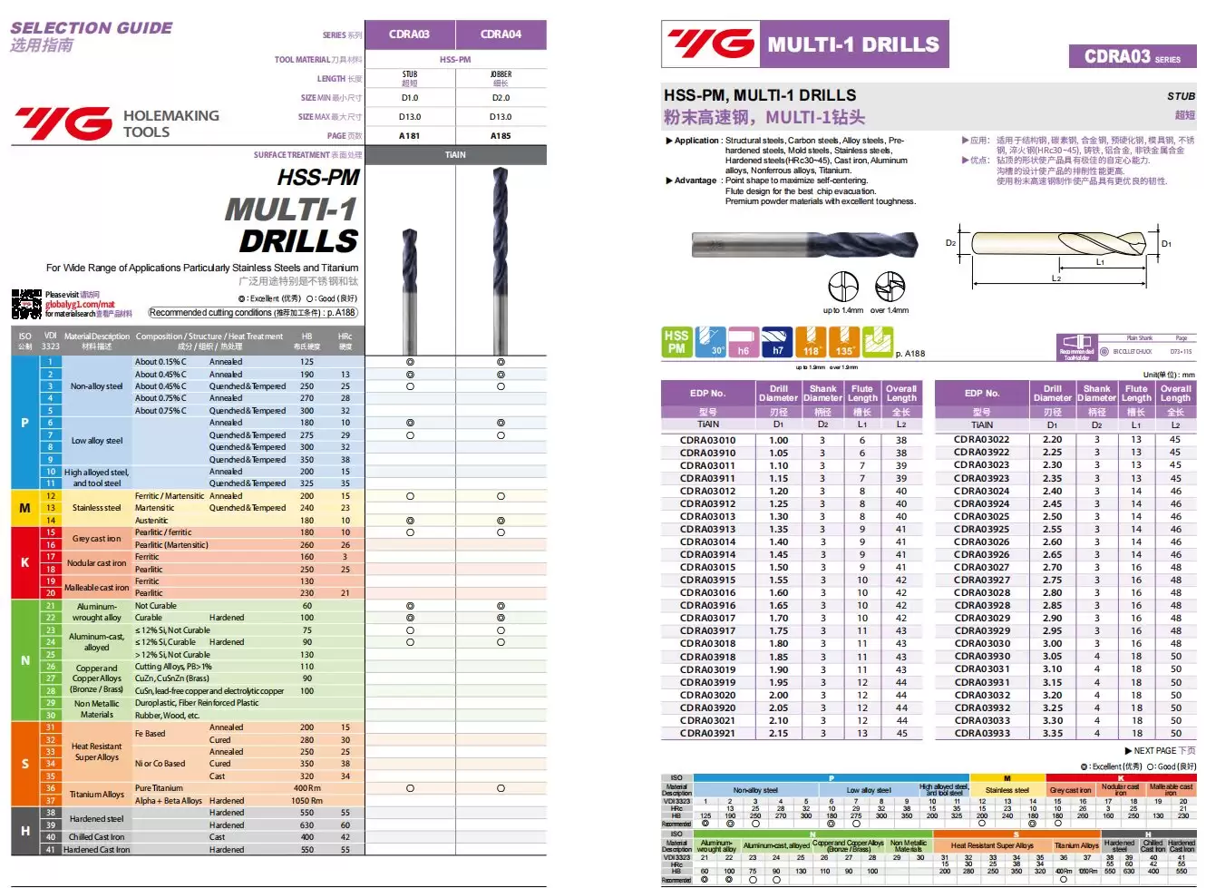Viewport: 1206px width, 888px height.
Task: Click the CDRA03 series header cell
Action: pos(410,34)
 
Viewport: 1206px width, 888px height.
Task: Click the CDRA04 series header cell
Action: pos(501,34)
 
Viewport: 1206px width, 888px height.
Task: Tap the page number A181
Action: pos(410,135)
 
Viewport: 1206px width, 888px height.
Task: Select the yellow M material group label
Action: pos(24,508)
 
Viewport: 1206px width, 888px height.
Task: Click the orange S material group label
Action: pos(24,764)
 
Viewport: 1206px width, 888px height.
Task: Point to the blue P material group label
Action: pos(24,423)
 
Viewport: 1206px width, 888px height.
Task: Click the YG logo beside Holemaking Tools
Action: pos(63,123)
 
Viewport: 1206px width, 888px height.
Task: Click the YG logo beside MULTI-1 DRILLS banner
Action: pos(711,44)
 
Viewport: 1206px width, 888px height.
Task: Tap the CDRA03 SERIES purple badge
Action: pos(1133,57)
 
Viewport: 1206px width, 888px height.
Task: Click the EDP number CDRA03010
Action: pos(708,441)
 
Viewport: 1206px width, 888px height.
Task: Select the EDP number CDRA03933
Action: pos(982,734)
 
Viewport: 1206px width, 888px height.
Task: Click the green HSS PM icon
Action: pos(676,342)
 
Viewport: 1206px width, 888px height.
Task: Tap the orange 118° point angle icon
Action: pos(811,342)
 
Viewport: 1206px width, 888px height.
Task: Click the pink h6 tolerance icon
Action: pos(744,342)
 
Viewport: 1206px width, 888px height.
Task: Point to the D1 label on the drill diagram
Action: pos(1166,243)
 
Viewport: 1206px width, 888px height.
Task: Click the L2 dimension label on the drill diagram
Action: pos(1056,278)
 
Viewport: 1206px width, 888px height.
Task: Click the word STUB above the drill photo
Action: pos(1181,96)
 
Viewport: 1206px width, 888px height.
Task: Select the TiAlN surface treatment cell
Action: pos(455,155)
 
